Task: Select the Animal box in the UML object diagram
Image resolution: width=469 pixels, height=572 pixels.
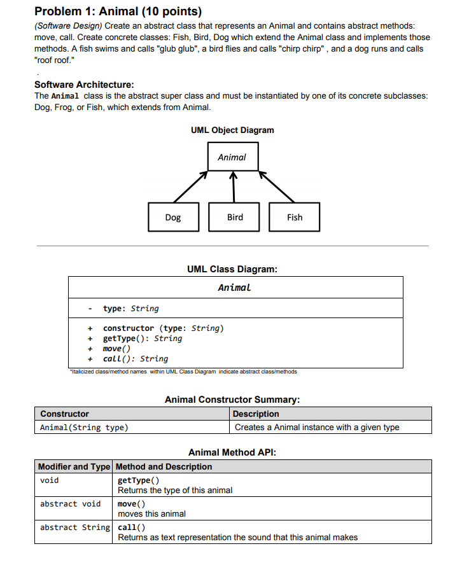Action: click(232, 157)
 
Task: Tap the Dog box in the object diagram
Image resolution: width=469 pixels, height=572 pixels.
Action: click(173, 217)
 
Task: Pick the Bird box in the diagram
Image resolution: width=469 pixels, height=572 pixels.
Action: click(235, 217)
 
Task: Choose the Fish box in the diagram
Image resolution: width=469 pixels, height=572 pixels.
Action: click(295, 217)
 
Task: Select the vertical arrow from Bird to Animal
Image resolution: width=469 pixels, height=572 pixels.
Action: click(234, 186)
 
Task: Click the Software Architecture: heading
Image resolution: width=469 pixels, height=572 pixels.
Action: click(84, 85)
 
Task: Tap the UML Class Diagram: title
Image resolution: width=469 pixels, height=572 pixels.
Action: click(232, 269)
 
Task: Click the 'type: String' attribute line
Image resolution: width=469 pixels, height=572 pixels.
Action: click(131, 309)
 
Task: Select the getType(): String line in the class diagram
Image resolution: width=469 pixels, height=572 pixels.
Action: click(143, 338)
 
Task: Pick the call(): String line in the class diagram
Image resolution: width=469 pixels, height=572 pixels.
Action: click(136, 359)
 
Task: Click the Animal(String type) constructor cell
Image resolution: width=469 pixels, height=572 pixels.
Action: click(84, 427)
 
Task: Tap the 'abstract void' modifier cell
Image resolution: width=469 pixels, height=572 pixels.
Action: click(70, 504)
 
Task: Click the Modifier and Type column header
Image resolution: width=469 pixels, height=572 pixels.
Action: click(74, 466)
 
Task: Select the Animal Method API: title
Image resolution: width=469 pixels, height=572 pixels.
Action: click(232, 452)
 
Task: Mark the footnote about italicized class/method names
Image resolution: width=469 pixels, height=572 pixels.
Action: click(182, 372)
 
